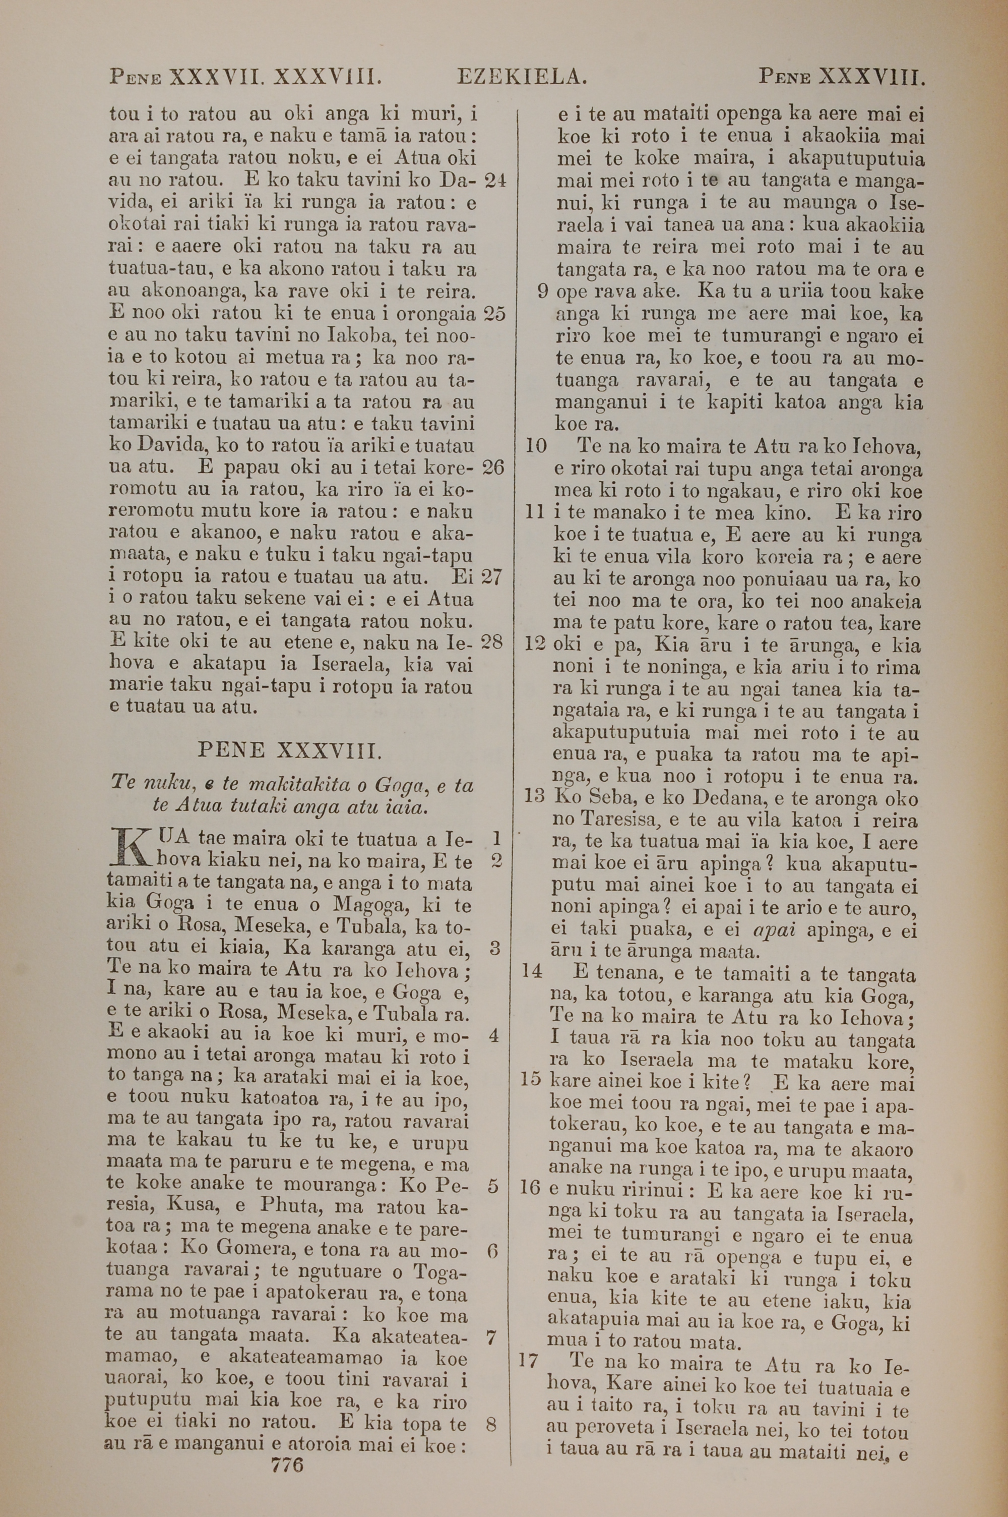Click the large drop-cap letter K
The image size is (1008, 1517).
click(x=126, y=849)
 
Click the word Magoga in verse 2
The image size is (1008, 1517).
click(x=366, y=905)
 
